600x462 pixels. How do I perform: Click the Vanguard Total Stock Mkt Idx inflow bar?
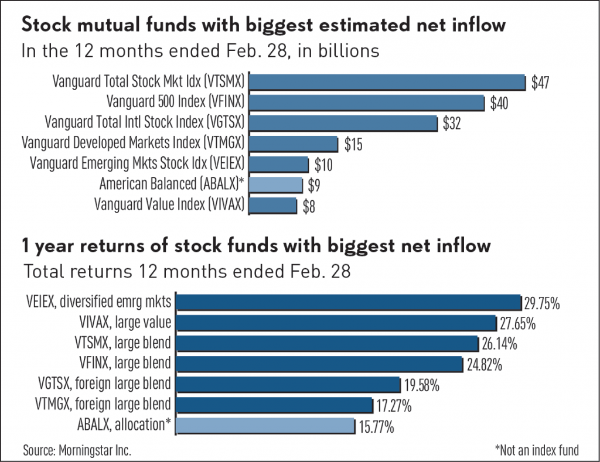(x=388, y=81)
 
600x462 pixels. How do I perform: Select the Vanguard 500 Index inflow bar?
(x=367, y=102)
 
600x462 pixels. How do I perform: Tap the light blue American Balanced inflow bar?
(x=277, y=184)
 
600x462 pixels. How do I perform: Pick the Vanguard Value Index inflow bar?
(x=274, y=205)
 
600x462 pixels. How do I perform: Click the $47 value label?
(x=540, y=83)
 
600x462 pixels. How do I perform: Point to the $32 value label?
(x=452, y=124)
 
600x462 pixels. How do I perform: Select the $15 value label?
(x=353, y=145)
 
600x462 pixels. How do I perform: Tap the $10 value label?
(x=323, y=165)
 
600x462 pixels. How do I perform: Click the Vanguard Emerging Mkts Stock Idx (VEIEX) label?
(x=137, y=163)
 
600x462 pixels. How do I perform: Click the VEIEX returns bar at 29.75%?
(x=349, y=302)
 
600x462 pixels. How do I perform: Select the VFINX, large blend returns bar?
(x=320, y=364)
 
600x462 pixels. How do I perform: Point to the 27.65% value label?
(x=517, y=324)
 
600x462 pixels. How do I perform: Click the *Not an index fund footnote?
(x=536, y=450)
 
